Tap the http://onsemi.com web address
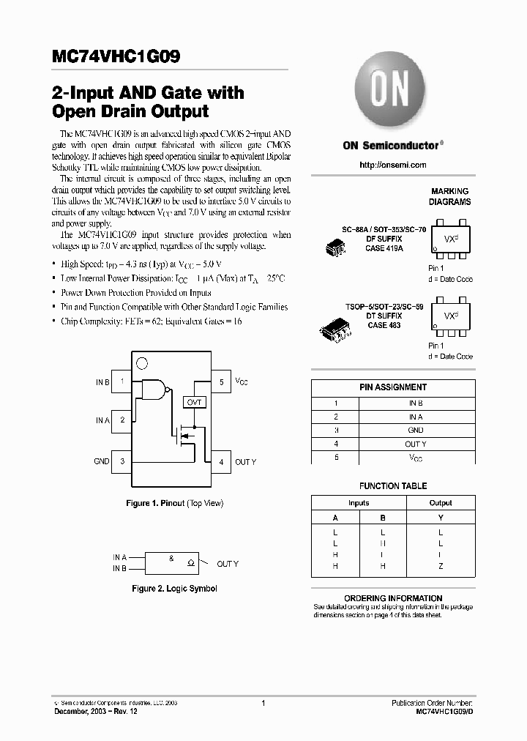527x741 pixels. click(x=392, y=165)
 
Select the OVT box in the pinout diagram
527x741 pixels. click(x=194, y=402)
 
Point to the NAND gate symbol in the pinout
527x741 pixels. click(x=154, y=392)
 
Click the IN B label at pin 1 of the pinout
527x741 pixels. click(x=102, y=382)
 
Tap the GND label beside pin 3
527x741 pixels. click(x=102, y=461)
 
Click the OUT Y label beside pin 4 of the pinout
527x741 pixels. click(x=245, y=462)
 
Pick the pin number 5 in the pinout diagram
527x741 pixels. click(x=221, y=382)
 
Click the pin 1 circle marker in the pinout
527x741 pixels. click(x=142, y=362)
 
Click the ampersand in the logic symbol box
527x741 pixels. click(x=171, y=559)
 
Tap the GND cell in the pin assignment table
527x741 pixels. click(x=415, y=431)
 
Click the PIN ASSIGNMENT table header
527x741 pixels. click(x=393, y=387)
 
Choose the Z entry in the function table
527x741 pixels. click(x=441, y=567)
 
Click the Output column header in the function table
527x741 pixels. click(x=441, y=503)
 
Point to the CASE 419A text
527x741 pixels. click(x=384, y=249)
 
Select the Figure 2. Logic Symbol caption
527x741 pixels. click(x=174, y=589)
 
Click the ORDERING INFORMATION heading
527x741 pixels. click(x=393, y=598)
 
